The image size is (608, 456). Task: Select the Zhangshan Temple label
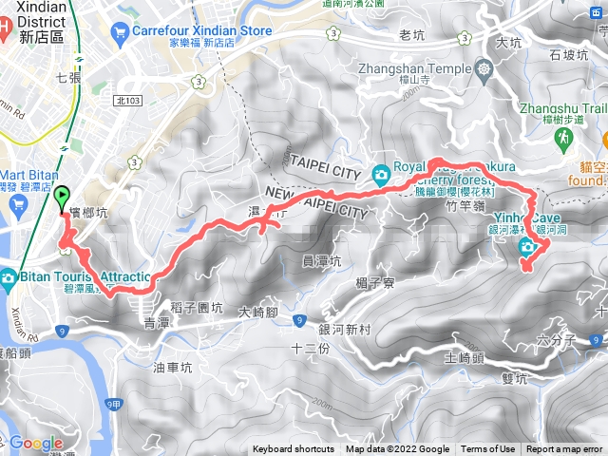pos(415,69)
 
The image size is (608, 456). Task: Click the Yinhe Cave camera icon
pos(527,248)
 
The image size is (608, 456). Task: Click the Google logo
pos(36,443)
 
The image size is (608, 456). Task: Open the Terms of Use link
pos(488,449)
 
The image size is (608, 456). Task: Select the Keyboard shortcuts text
pos(294,449)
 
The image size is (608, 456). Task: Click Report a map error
pos(565,449)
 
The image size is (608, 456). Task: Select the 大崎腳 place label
pos(257,312)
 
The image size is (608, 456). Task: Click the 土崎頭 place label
pos(465,358)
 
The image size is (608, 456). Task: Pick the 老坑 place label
pos(412,35)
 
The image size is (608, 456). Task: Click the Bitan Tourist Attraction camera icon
pos(8,277)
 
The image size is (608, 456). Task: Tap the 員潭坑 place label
pos(319,259)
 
